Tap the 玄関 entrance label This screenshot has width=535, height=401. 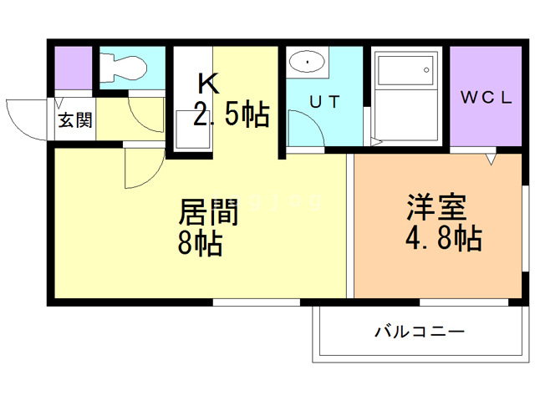pos(74,120)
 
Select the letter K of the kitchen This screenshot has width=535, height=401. pos(208,84)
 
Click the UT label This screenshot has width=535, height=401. pos(324,101)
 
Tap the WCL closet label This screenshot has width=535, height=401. pos(487,97)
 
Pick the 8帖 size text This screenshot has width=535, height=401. pos(199,244)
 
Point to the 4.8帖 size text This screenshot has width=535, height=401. pos(442,239)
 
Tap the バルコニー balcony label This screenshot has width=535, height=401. pos(419,332)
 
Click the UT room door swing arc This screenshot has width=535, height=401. pos(303,132)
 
